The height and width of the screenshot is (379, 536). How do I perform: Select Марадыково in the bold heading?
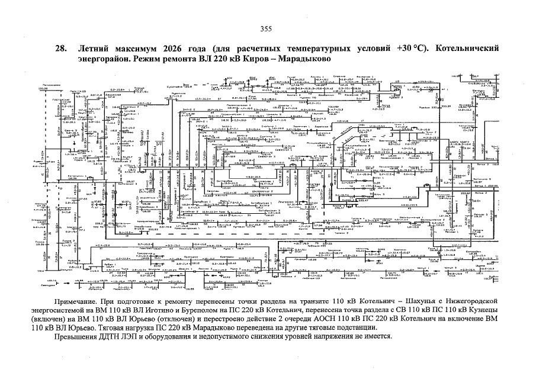tap(301, 59)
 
